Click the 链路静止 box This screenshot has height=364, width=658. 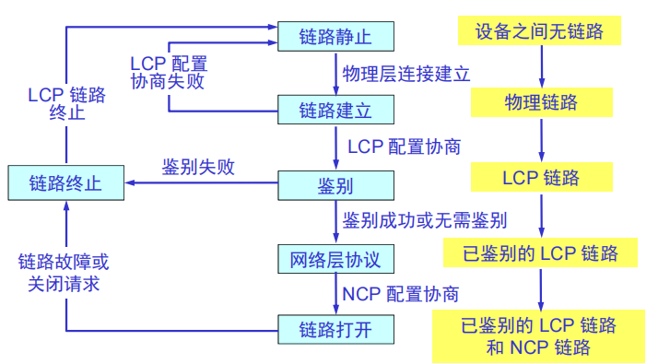335,37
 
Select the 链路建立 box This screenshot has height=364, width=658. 335,112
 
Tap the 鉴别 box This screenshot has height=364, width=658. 335,185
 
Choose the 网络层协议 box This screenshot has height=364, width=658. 335,259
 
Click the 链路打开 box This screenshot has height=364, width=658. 335,328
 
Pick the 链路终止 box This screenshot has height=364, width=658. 65,182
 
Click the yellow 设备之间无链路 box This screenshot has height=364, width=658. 539,32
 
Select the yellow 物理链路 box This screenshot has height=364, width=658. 541,101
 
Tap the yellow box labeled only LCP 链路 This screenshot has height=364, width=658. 541,177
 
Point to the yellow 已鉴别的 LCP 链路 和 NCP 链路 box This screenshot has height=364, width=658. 539,336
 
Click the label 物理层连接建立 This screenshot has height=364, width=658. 406,74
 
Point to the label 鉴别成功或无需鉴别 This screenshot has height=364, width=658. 425,221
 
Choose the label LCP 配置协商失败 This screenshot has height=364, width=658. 168,73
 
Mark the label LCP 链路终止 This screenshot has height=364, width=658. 66,104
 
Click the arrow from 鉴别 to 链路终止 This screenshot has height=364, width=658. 203,184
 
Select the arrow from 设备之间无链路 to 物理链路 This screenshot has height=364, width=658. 541,65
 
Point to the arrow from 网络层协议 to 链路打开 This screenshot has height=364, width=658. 335,293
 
